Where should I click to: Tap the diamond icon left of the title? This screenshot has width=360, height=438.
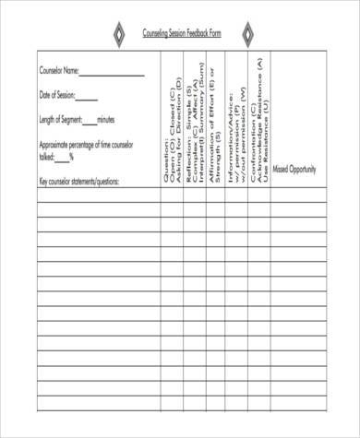click(116, 35)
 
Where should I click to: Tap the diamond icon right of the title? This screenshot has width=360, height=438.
click(246, 35)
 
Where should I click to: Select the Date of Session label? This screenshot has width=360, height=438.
click(56, 95)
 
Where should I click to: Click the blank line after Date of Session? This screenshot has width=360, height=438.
click(86, 99)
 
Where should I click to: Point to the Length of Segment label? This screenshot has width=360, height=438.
click(61, 120)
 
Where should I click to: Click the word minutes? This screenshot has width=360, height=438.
click(105, 120)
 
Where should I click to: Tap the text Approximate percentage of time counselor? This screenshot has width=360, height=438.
click(86, 146)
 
